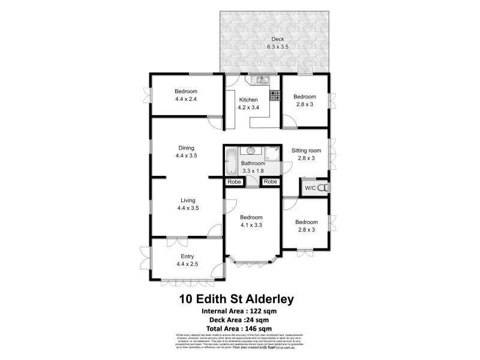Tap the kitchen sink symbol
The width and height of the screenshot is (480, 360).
click(x=262, y=80)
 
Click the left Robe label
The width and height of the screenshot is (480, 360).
click(x=233, y=182)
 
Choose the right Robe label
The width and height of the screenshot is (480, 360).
click(x=271, y=182)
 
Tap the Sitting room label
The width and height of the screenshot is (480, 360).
click(x=306, y=151)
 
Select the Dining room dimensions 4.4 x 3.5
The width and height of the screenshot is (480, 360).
click(x=187, y=155)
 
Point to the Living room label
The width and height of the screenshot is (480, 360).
click(x=187, y=200)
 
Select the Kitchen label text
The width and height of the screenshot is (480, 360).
click(x=248, y=100)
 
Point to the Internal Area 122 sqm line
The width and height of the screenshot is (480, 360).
click(x=239, y=311)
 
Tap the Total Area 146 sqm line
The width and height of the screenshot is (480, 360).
click(x=239, y=329)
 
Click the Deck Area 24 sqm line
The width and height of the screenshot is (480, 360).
click(x=239, y=320)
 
